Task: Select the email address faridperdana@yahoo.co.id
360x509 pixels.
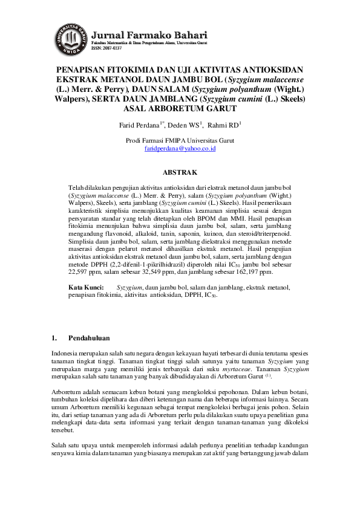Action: [x=180, y=148]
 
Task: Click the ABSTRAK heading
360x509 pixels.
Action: [x=180, y=173]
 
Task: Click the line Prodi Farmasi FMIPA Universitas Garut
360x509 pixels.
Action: [x=180, y=140]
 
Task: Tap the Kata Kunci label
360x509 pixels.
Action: [x=83, y=288]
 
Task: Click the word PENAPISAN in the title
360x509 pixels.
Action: [x=82, y=70]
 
